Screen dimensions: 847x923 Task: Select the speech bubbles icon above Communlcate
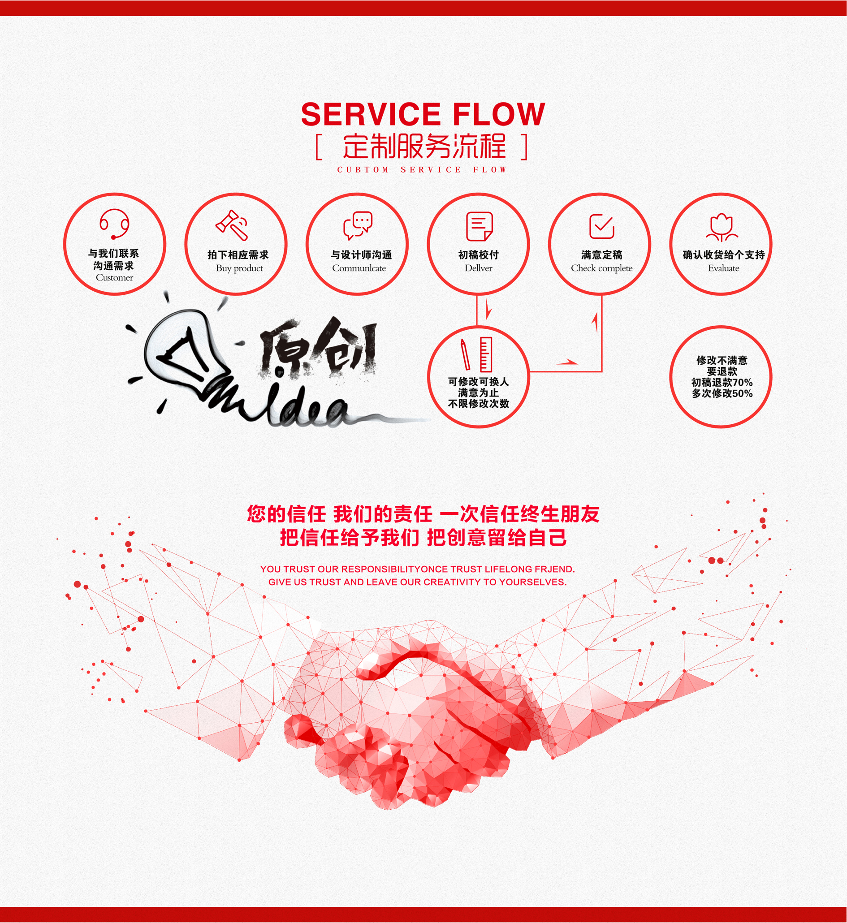tap(358, 225)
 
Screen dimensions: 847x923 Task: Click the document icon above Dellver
tap(480, 226)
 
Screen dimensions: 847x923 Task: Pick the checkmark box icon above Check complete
tap(602, 226)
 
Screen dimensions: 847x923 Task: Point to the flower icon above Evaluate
tap(722, 227)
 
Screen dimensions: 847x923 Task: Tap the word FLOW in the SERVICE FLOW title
tap(499, 114)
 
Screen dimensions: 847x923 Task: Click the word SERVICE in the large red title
tap(370, 114)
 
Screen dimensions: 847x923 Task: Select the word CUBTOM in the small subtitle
tap(363, 169)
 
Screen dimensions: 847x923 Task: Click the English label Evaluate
tap(723, 268)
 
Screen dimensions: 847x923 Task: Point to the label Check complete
tap(601, 268)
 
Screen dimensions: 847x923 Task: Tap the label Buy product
tap(239, 268)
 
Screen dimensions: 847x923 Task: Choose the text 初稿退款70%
tap(722, 382)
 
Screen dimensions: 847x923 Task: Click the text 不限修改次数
tap(479, 403)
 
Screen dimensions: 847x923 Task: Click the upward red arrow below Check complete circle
tap(595, 323)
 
